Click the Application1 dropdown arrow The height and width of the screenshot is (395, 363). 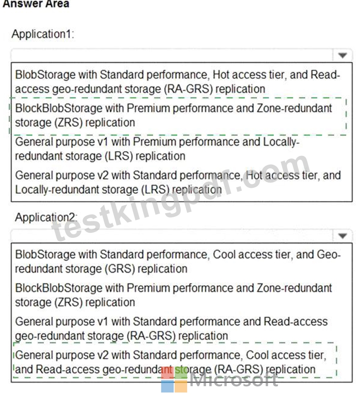coord(342,55)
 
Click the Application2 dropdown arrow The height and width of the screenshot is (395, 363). coord(342,236)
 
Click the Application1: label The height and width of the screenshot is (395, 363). coord(43,34)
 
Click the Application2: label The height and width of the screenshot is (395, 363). coord(46,217)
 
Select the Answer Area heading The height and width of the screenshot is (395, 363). coord(36,4)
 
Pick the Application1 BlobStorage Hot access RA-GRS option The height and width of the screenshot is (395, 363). coord(178,81)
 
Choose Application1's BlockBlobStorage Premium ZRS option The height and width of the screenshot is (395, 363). coord(173,115)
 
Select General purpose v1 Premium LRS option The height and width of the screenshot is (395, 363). coord(157,149)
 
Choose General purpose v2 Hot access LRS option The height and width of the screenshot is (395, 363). coord(178,182)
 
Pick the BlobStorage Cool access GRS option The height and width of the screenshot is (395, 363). coord(178,261)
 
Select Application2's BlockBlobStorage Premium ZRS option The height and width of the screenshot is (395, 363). coord(173,295)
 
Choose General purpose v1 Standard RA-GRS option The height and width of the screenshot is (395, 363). coord(171,328)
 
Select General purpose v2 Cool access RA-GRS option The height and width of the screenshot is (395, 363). coord(171,362)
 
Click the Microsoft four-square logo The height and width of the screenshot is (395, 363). coord(174,380)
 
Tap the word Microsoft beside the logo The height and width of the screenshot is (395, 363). coord(234,380)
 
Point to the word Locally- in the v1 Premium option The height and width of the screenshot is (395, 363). coord(281,142)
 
